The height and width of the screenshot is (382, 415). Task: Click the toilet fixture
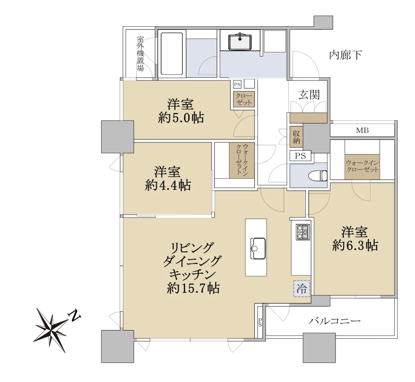coord(317,176)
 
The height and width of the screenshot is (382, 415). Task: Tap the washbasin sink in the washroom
coord(240,42)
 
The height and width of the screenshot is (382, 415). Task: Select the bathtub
coord(172,54)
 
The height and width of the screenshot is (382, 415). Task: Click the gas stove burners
coord(303,232)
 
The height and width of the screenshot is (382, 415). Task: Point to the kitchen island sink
coord(258,248)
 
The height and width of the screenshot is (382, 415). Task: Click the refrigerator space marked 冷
coord(302,289)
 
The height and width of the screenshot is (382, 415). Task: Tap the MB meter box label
coord(362,130)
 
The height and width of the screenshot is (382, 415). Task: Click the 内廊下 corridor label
coord(345,55)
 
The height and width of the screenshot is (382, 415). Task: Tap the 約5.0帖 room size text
coord(181,118)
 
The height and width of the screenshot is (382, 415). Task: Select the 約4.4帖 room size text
coord(168,185)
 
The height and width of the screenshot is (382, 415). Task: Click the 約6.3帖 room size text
coord(355,245)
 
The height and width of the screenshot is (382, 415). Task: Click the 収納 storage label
coord(296,137)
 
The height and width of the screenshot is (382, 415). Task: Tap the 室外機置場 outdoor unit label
coord(140,54)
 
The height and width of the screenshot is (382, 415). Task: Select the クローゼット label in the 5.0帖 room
coord(244,99)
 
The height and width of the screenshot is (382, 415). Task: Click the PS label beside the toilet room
coord(300,156)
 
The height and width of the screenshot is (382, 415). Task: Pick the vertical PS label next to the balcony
coord(260,323)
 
